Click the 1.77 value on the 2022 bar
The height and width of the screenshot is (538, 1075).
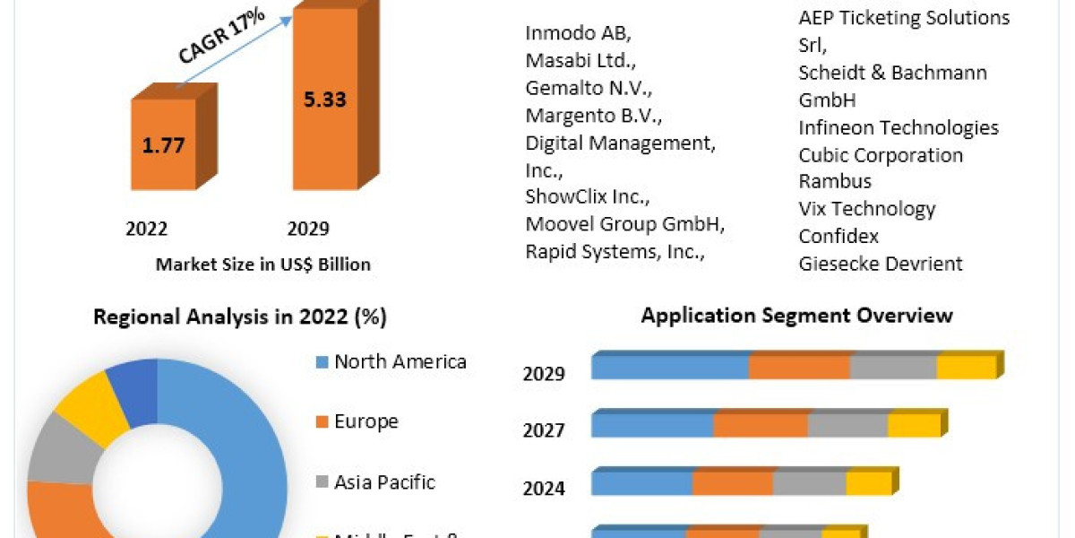point(163,145)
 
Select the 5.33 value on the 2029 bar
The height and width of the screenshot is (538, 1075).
point(323,100)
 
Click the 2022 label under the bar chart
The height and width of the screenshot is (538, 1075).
point(146,229)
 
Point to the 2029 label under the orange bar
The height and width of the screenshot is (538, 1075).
point(307,229)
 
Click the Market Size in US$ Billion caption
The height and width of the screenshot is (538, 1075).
point(262,265)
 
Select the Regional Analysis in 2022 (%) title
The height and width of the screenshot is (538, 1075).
point(240,317)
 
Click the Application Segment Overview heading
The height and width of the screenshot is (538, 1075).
point(796,315)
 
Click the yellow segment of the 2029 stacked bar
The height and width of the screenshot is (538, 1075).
point(966,368)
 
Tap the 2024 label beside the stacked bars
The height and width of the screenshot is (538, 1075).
point(544,489)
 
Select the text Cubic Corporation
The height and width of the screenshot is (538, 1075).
point(881,154)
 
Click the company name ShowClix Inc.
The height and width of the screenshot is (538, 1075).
point(588,197)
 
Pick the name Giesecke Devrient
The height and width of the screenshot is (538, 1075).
point(881,263)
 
